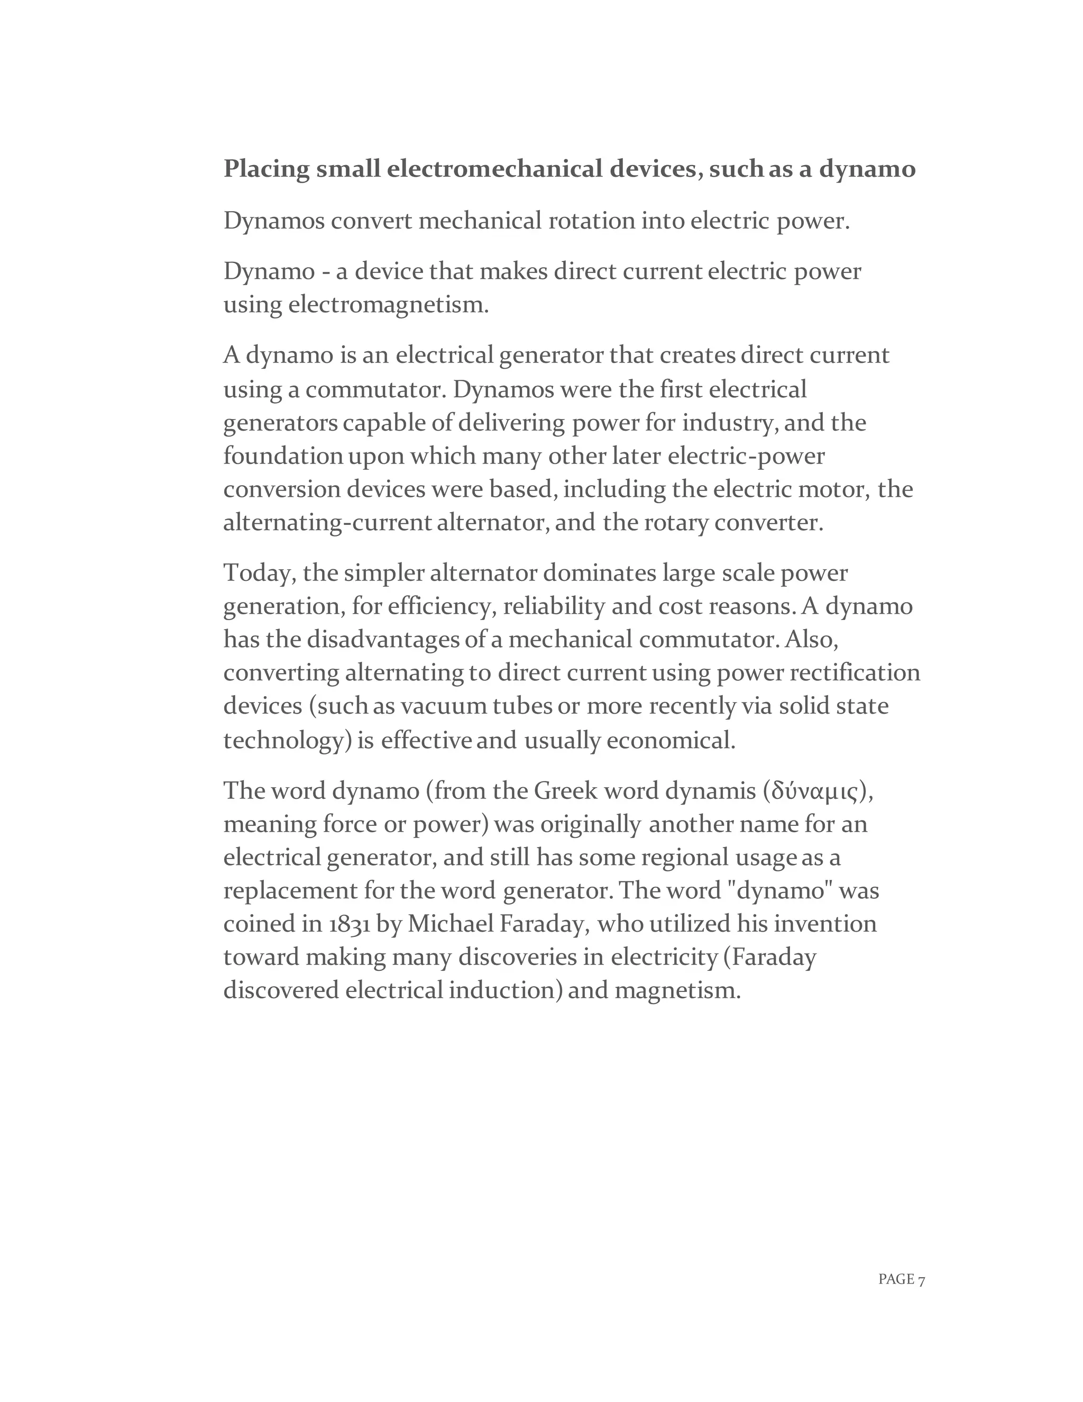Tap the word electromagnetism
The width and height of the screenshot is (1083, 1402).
tap(388, 305)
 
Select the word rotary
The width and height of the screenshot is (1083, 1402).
tap(676, 523)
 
